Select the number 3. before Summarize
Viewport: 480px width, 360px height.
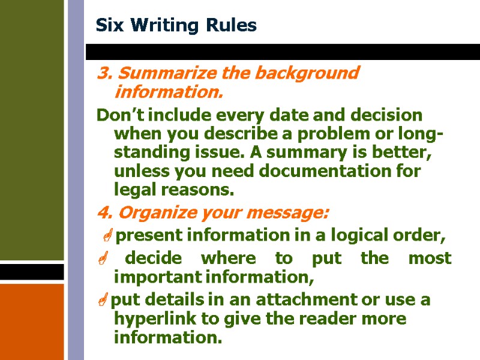point(104,73)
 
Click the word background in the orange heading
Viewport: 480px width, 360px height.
point(307,73)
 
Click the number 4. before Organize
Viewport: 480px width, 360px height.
point(103,213)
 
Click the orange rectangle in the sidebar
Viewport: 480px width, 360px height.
point(32,321)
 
